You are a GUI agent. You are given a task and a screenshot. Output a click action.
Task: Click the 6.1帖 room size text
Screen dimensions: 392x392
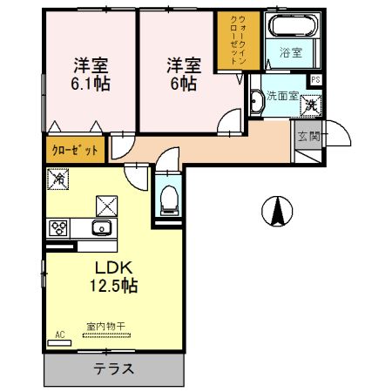pyautogui.click(x=90, y=84)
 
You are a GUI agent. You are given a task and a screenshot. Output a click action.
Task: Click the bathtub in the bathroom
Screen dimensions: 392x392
pyautogui.click(x=294, y=26)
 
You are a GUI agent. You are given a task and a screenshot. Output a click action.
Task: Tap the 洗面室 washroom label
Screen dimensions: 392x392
pyautogui.click(x=281, y=96)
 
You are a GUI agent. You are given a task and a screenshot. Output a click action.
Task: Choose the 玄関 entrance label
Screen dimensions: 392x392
pyautogui.click(x=308, y=136)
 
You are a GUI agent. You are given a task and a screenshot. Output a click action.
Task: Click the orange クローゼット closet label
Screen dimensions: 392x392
pyautogui.click(x=77, y=150)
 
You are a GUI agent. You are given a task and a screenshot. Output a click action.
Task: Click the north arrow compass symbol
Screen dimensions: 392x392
pyautogui.click(x=277, y=210)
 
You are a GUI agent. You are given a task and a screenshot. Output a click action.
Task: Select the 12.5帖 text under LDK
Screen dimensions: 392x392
pyautogui.click(x=113, y=285)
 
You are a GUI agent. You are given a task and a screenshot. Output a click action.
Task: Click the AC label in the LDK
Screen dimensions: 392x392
pyautogui.click(x=60, y=334)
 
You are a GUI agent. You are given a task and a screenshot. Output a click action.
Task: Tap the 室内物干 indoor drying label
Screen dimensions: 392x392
pyautogui.click(x=105, y=327)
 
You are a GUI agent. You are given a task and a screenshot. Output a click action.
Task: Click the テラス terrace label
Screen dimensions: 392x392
pyautogui.click(x=113, y=368)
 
